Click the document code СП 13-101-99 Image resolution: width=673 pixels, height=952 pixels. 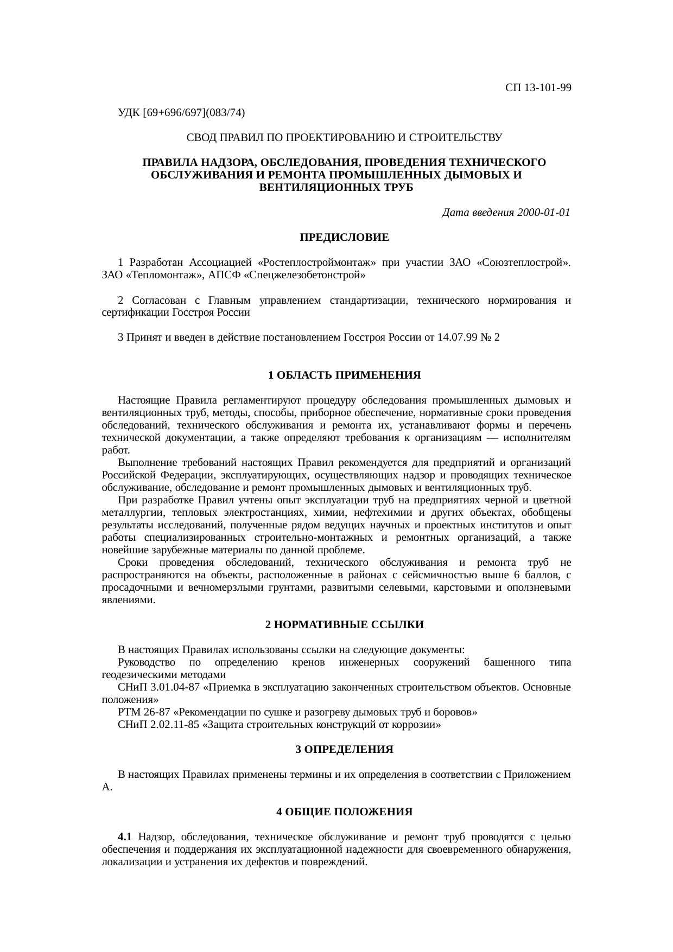coord(538,88)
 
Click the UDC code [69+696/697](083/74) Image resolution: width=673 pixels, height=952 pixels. coord(194,113)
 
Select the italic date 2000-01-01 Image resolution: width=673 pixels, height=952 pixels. coord(544,213)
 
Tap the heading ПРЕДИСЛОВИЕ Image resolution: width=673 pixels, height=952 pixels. coord(344,238)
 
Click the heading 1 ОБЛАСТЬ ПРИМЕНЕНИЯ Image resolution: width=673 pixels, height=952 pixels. coord(344,375)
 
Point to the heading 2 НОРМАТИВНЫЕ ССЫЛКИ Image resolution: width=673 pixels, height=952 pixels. coord(344,625)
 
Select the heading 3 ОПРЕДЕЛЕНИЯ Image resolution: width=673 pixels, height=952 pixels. coord(344,750)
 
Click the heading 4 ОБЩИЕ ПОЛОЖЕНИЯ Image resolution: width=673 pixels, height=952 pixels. coord(344,812)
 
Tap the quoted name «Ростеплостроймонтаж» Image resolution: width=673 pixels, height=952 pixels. coord(321,263)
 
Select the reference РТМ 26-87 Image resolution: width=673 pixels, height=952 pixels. coord(143,712)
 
